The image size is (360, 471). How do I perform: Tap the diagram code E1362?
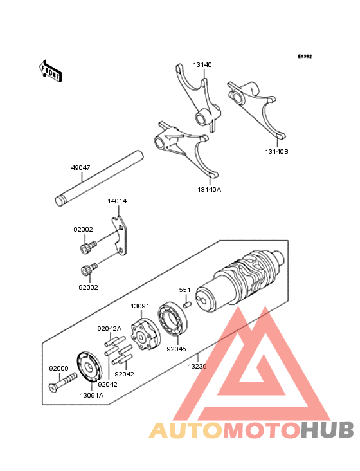(x=304, y=57)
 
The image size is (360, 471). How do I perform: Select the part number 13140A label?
(x=210, y=190)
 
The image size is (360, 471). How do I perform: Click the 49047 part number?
(x=80, y=167)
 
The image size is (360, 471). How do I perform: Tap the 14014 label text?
(x=117, y=201)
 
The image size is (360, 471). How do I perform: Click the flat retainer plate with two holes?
(x=120, y=238)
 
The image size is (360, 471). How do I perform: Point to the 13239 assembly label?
(x=197, y=365)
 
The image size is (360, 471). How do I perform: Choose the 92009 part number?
(x=58, y=369)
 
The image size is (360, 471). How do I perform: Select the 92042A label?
(x=109, y=328)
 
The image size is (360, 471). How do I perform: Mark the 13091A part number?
(x=91, y=395)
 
